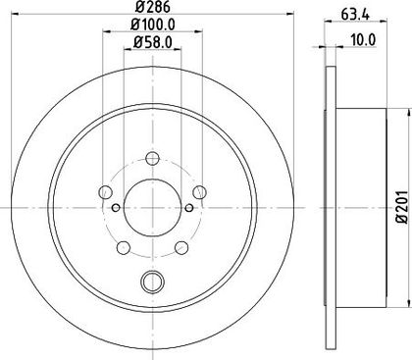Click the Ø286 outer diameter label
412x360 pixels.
(153, 7)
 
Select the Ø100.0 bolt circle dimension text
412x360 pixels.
(153, 24)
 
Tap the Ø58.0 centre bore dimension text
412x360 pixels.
(153, 42)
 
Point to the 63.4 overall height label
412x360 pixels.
(355, 15)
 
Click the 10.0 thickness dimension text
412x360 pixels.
(363, 40)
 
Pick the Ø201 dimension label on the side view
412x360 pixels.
(403, 207)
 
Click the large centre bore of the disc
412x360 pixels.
(152, 207)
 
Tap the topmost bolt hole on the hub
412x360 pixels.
(152, 159)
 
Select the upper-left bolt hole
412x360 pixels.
(106, 192)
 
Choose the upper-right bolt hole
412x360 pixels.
(199, 192)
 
